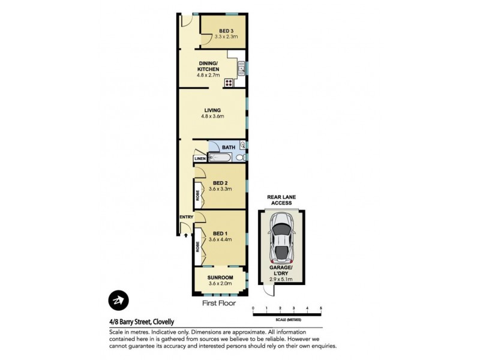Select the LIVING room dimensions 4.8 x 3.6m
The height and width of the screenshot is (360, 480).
(212, 117)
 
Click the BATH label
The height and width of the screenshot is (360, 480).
(229, 147)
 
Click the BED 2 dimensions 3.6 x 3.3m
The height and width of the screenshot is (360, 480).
(220, 189)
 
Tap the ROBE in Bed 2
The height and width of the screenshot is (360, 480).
(197, 195)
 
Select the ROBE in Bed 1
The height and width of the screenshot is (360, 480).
(197, 246)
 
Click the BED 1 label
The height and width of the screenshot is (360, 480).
(220, 233)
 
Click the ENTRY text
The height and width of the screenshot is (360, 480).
(184, 217)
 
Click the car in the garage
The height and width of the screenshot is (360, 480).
(281, 238)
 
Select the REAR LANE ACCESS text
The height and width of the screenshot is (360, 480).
(281, 200)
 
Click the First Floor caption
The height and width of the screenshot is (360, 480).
(219, 304)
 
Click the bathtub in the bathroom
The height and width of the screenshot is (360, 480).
(220, 158)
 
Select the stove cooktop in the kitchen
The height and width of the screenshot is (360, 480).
(229, 83)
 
